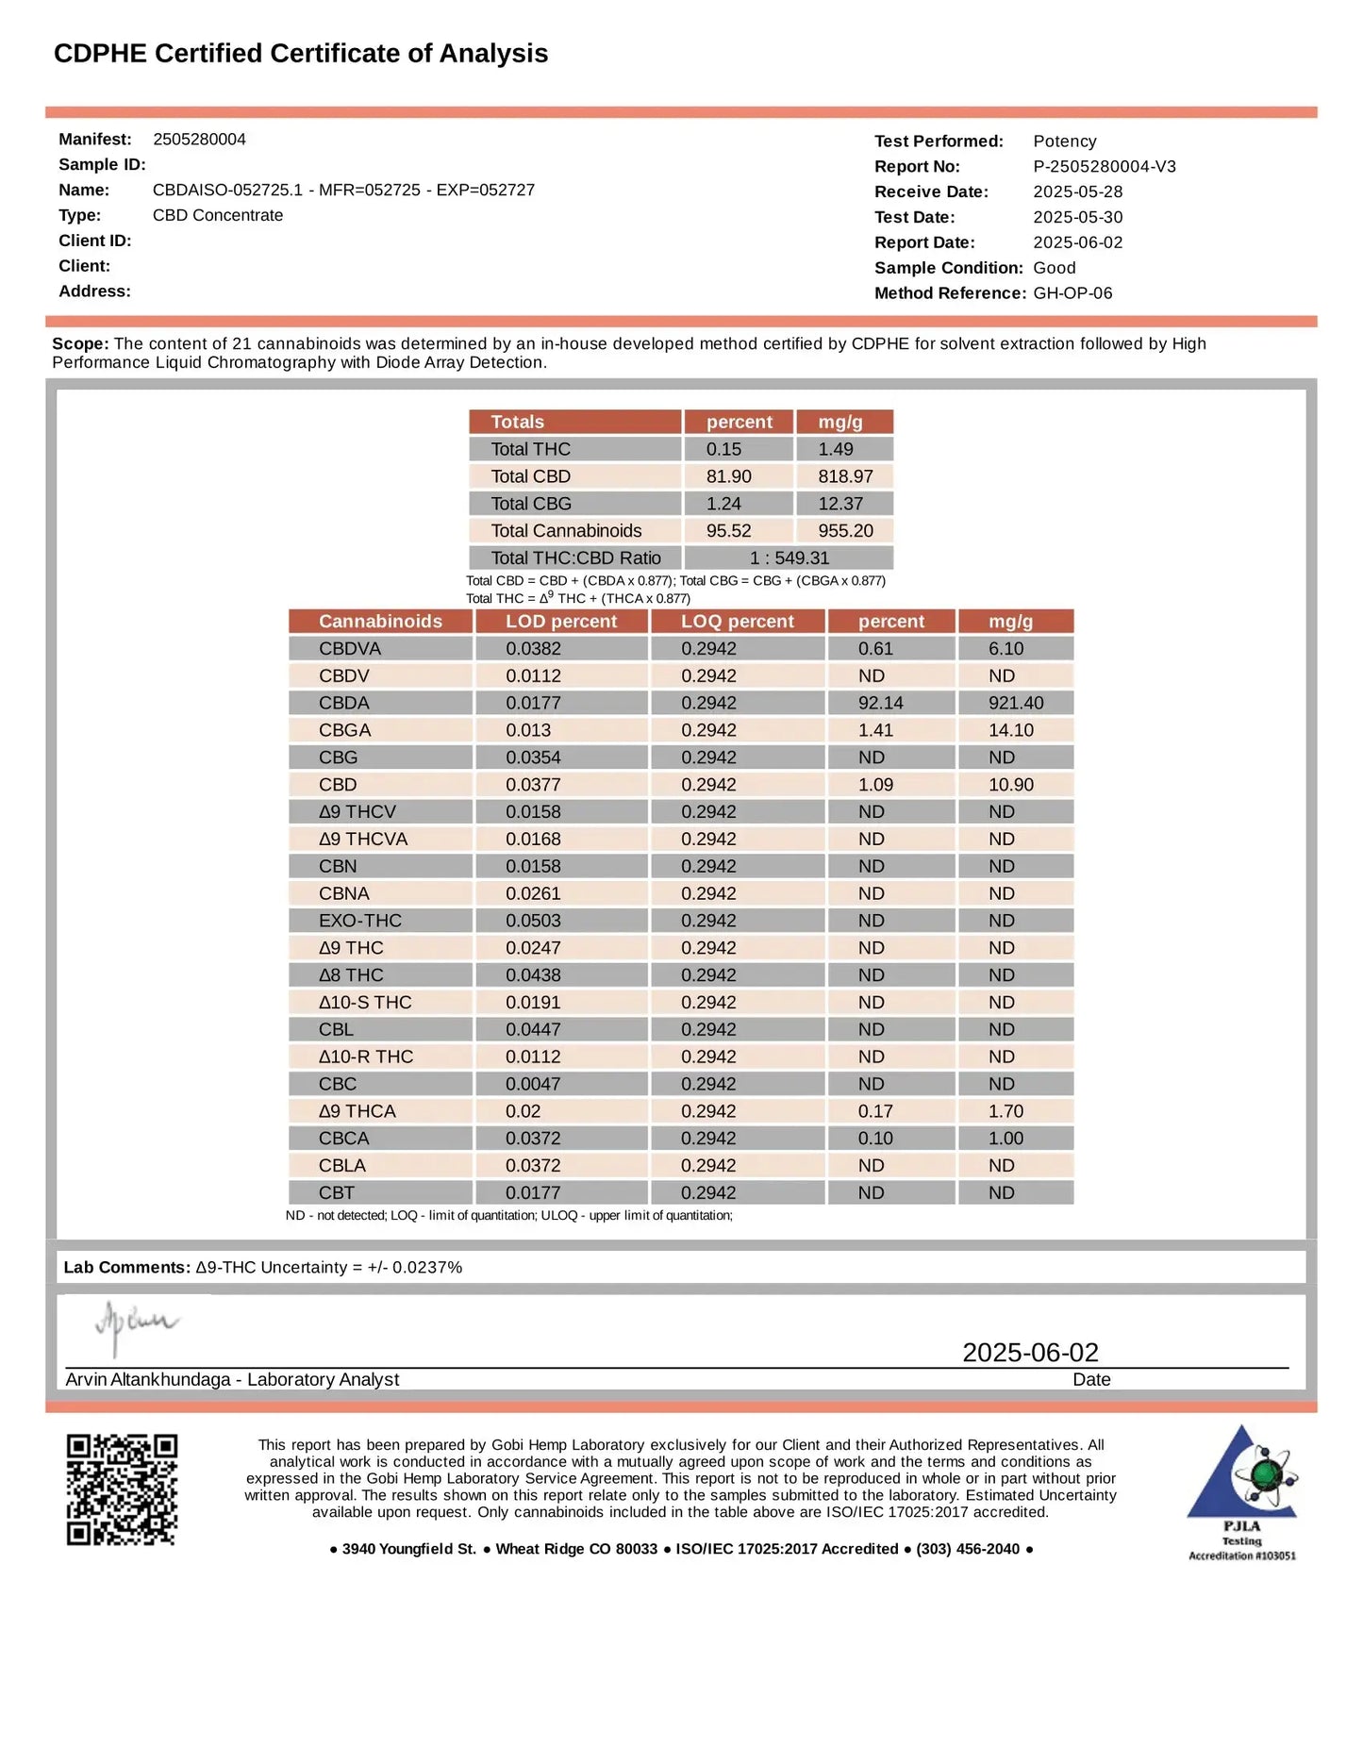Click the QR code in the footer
[122, 1489]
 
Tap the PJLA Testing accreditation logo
[1241, 1492]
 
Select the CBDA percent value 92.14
[880, 703]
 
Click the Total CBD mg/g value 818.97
[845, 476]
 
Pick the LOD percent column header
[560, 621]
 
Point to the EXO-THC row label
[359, 921]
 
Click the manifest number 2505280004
[199, 140]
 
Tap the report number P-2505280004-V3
[1104, 167]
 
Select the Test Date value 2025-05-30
[1077, 217]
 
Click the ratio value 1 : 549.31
[789, 557]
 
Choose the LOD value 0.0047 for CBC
[532, 1084]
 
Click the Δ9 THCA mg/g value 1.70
[1006, 1111]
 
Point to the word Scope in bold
[80, 343]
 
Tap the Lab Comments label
[126, 1267]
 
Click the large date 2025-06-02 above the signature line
[1030, 1352]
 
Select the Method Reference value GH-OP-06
[1072, 293]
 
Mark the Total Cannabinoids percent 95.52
[728, 531]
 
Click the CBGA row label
[344, 730]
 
